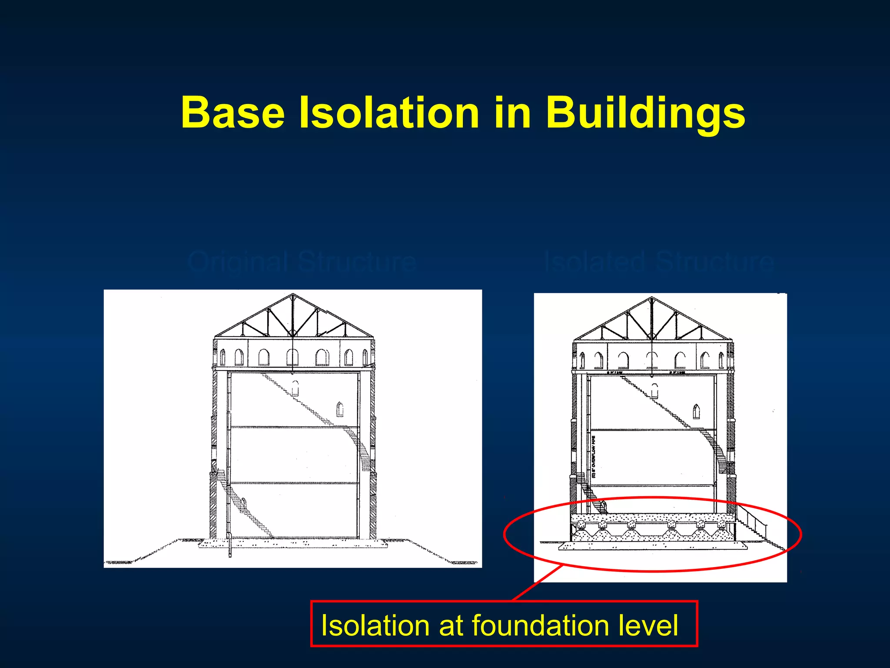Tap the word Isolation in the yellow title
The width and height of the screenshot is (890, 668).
pyautogui.click(x=389, y=113)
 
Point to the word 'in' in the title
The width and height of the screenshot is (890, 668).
pyautogui.click(x=513, y=113)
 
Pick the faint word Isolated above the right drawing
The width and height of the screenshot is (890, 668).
pyautogui.click(x=594, y=262)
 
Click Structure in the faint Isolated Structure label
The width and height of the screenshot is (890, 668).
pyautogui.click(x=715, y=262)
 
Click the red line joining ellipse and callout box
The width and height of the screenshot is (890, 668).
pyautogui.click(x=538, y=583)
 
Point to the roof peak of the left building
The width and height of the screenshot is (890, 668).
pyautogui.click(x=293, y=295)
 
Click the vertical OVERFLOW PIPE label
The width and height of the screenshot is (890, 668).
pyautogui.click(x=594, y=457)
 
